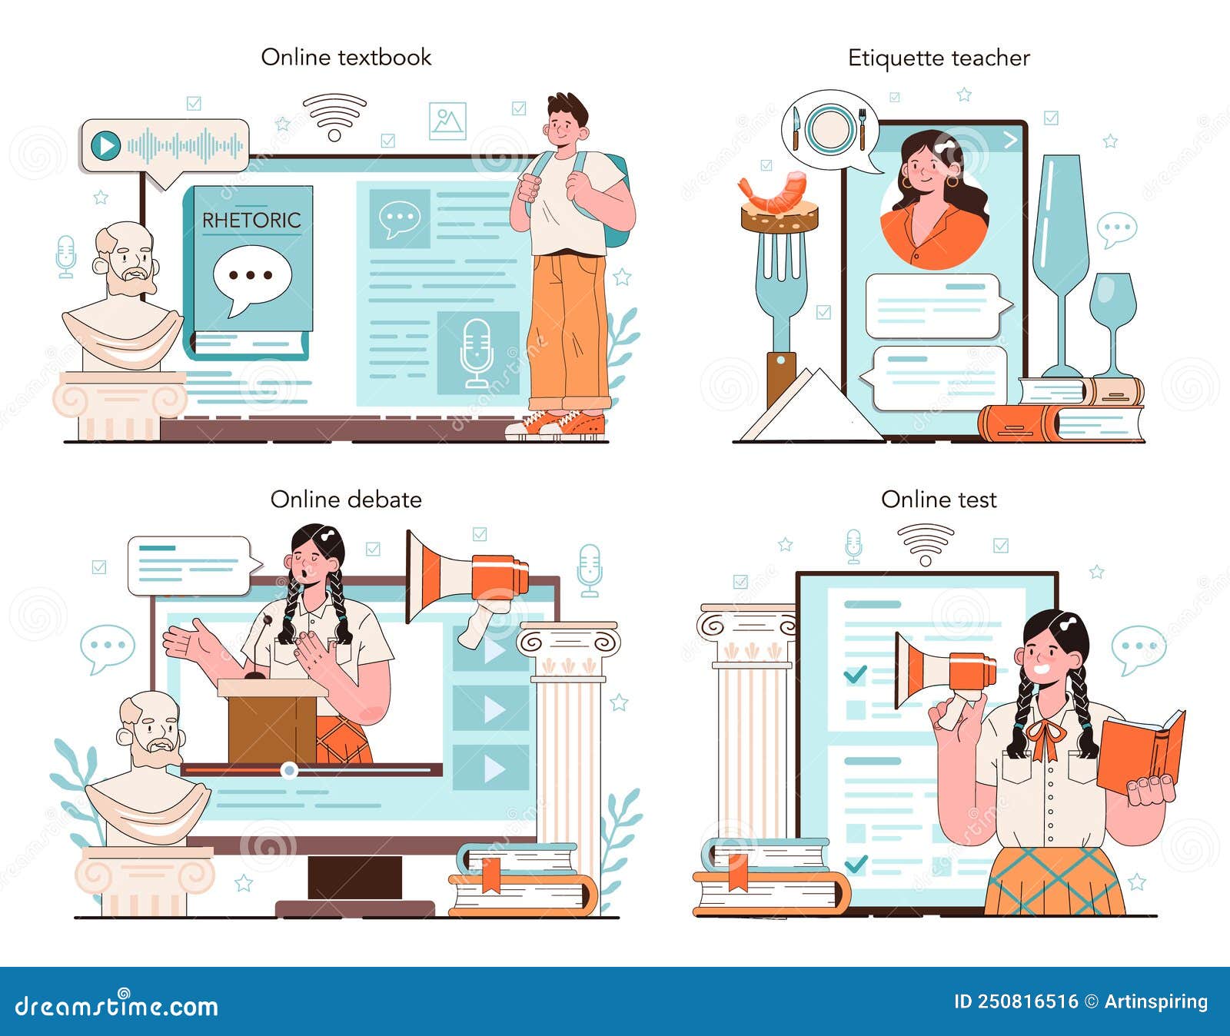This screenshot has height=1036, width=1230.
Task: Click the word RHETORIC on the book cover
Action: (251, 221)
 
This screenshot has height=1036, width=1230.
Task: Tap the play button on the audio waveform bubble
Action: (105, 145)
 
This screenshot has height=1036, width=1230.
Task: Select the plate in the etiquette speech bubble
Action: (829, 128)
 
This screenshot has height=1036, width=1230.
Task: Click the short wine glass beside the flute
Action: (1112, 307)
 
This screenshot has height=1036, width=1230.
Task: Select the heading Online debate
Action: (346, 500)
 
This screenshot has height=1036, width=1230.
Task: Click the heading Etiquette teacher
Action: (939, 58)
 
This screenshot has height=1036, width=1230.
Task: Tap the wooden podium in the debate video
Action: (273, 722)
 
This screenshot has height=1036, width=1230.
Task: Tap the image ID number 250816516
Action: (1027, 1001)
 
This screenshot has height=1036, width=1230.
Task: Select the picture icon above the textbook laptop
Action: (447, 121)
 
